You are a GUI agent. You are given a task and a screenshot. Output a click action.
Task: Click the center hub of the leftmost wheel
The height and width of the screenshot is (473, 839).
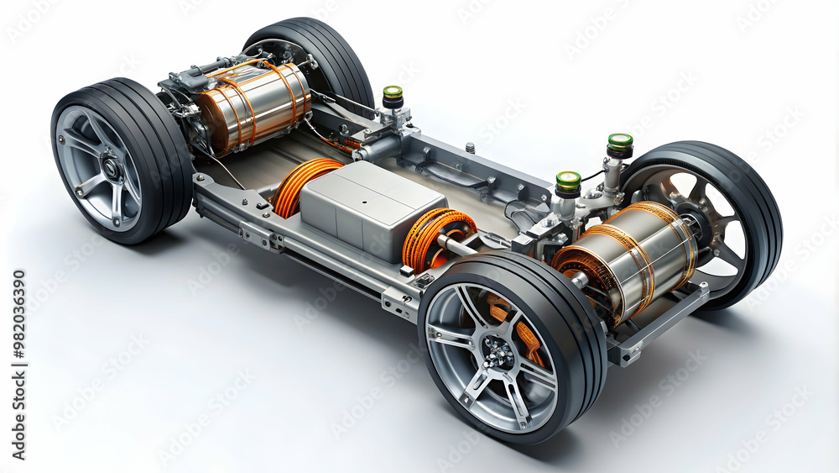coord(110,168)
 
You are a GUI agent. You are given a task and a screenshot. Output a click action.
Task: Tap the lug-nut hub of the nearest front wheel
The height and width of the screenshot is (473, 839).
coord(498,353)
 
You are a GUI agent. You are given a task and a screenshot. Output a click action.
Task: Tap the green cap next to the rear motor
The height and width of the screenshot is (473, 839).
coord(393,93)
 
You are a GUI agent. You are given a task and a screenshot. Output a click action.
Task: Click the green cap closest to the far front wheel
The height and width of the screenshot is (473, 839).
coord(620,143)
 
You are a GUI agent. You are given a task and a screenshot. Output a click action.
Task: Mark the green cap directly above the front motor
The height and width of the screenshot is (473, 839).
coord(568,181)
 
